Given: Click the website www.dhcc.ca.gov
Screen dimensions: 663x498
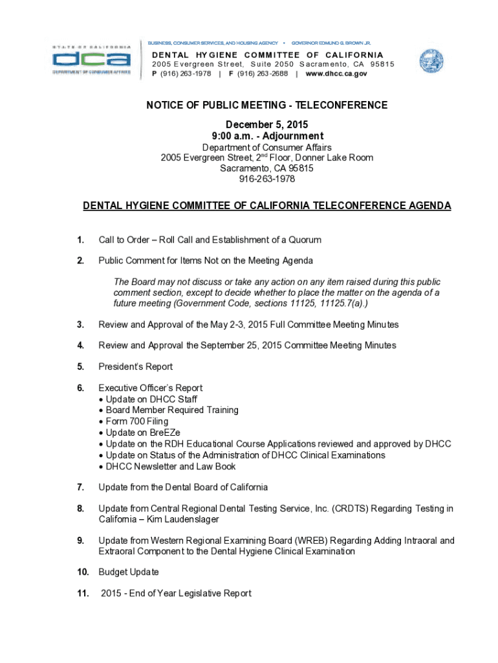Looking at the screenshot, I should pos(336,74).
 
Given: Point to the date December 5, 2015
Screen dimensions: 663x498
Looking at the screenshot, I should pos(266,124).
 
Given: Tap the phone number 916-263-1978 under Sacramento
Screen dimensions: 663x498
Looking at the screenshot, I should pos(266,179).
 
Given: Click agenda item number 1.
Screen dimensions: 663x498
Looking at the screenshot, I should pos(80,240).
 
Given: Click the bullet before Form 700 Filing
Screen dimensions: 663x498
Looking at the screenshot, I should pos(101,421).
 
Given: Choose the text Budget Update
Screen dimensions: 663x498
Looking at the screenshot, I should pos(129,572).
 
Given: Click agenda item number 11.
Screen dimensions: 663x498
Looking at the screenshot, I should pos(82,594).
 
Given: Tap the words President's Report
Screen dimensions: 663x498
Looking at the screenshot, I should pos(135,366).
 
